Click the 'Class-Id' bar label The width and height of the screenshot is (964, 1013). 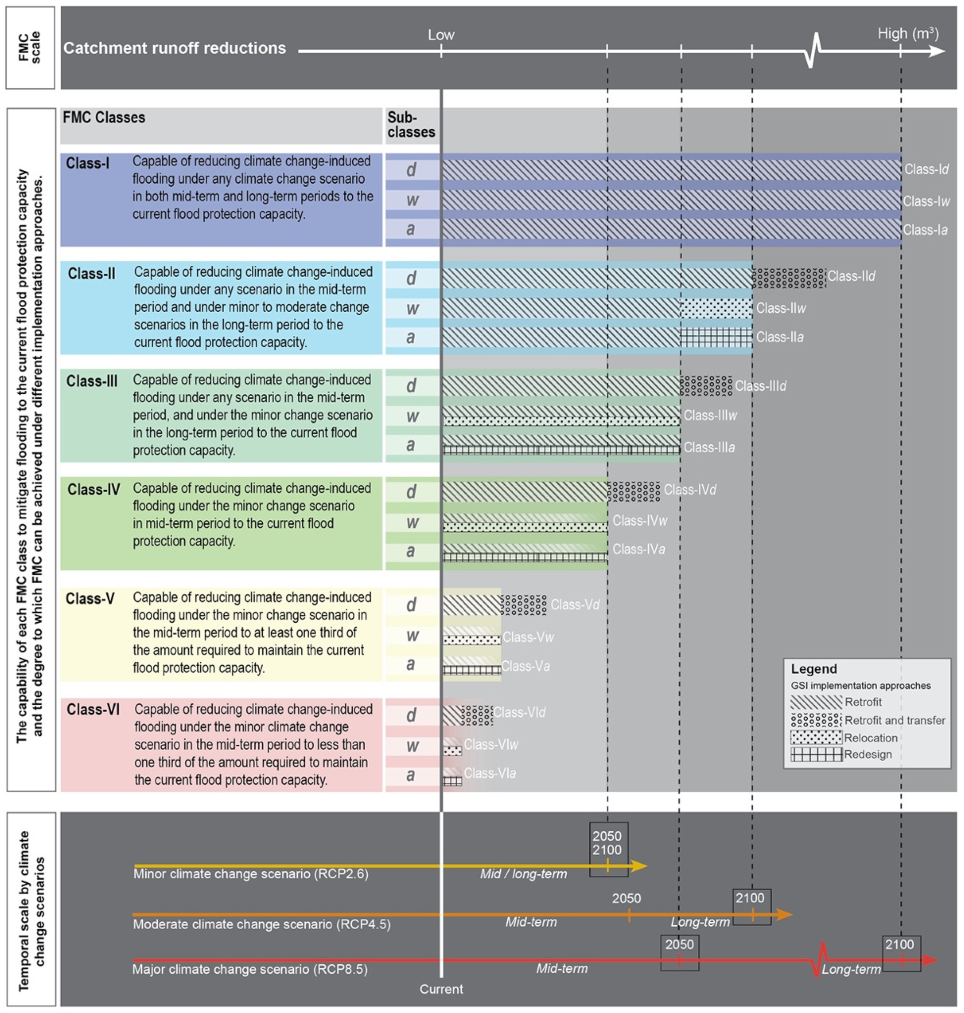pyautogui.click(x=926, y=169)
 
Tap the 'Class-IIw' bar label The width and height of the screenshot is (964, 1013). pyautogui.click(x=781, y=308)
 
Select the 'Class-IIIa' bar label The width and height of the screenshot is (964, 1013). pyautogui.click(x=709, y=447)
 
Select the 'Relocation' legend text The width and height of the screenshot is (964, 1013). pyautogui.click(x=871, y=737)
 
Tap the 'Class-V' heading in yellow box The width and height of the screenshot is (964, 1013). pyautogui.click(x=90, y=599)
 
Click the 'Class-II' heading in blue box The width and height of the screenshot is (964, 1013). pyautogui.click(x=92, y=274)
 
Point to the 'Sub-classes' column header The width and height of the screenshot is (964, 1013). pyautogui.click(x=411, y=125)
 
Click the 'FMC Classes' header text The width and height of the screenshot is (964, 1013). pyautogui.click(x=104, y=118)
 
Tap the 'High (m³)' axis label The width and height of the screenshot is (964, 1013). pyautogui.click(x=908, y=34)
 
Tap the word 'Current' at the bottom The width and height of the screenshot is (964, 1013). pyautogui.click(x=441, y=989)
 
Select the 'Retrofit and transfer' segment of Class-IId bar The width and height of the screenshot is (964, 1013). pyautogui.click(x=788, y=278)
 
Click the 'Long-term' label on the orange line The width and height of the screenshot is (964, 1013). pyautogui.click(x=700, y=922)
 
